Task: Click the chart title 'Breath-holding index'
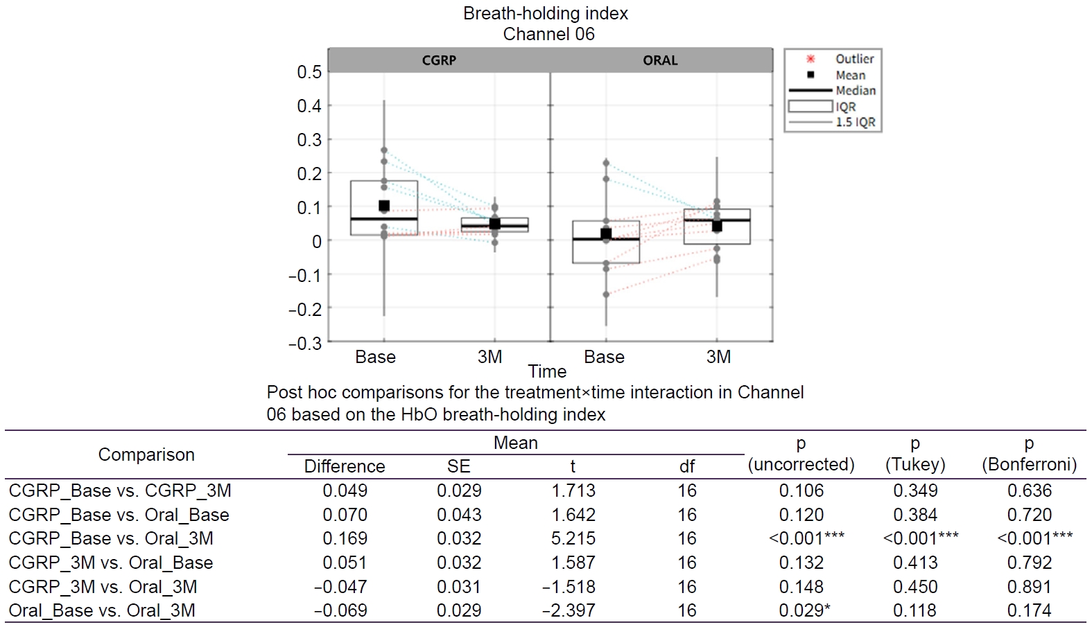546,13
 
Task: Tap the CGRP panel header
439,60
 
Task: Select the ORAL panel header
660,60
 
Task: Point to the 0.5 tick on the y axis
309,72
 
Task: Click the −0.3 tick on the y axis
305,343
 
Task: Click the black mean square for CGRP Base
384,206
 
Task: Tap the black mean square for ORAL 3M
717,226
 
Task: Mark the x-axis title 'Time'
547,372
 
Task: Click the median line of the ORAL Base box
606,239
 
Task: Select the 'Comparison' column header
146,454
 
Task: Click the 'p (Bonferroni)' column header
1029,454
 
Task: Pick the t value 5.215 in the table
573,538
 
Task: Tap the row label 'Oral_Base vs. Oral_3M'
102,610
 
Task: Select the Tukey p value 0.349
915,491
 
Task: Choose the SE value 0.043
459,515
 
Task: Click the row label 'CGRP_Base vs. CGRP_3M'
120,491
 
